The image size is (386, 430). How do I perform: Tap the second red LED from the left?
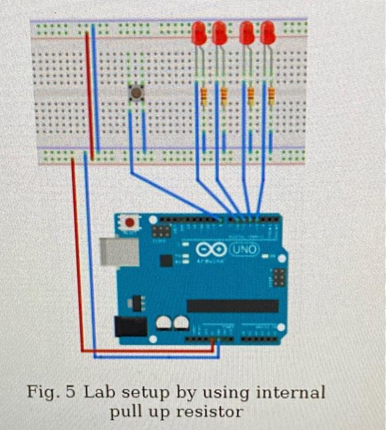(219, 33)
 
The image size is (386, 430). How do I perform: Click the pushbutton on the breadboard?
(136, 93)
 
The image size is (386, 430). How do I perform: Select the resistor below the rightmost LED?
(271, 95)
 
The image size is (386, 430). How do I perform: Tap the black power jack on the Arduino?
(130, 326)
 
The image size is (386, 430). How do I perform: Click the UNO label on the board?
(245, 249)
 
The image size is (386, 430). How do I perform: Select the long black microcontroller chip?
(232, 305)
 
